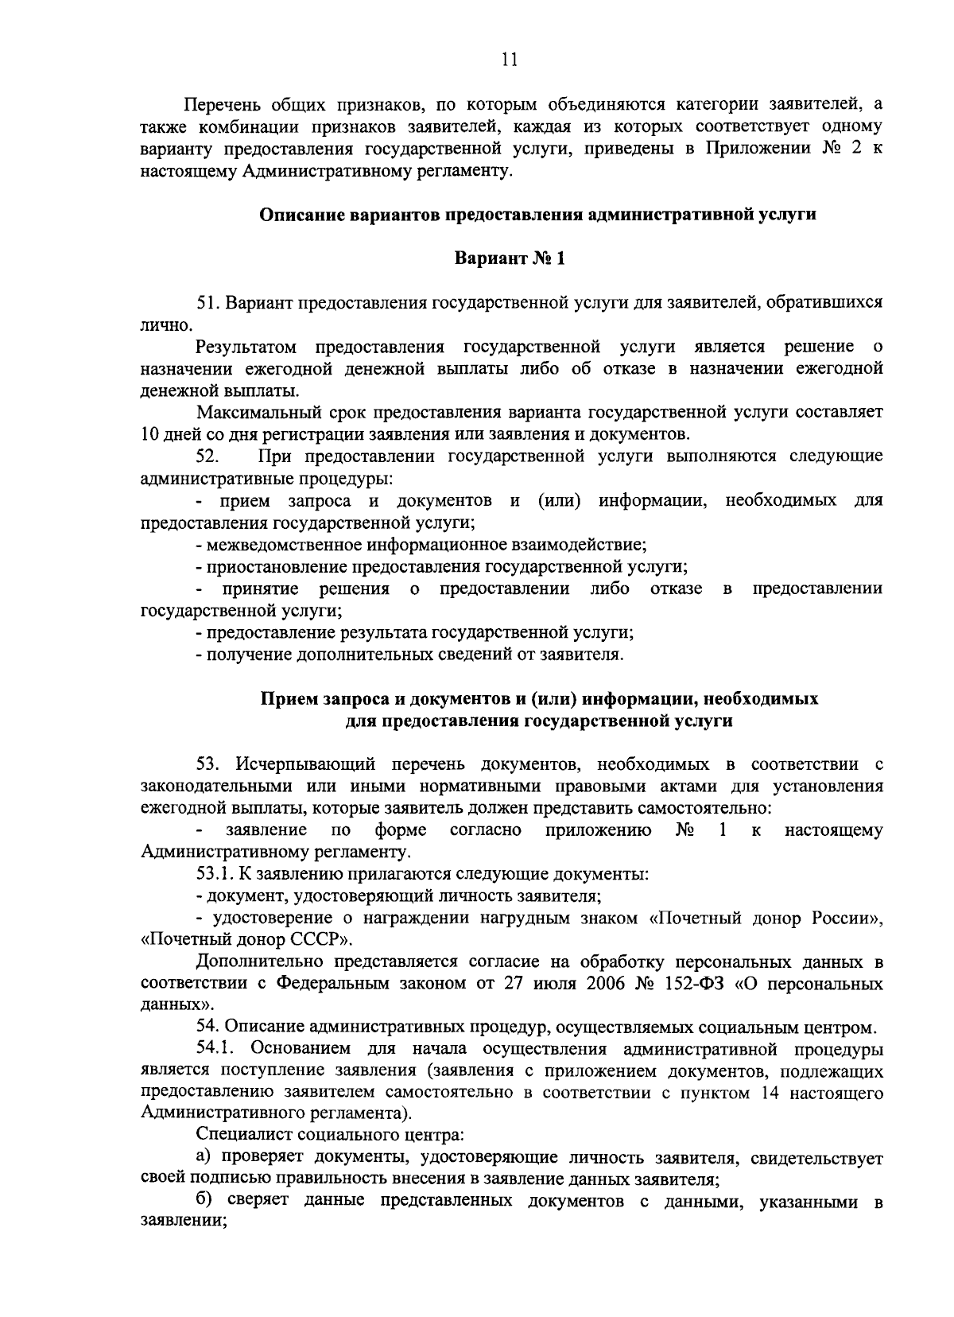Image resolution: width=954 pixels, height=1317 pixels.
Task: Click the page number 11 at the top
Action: tap(510, 59)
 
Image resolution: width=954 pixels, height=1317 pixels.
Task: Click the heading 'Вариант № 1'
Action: tap(509, 259)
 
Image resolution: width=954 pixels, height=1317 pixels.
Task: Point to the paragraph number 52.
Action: tap(208, 456)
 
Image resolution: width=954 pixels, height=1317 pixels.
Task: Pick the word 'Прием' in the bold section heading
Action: tap(288, 699)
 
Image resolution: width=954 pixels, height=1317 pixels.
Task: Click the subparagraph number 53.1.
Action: tap(215, 875)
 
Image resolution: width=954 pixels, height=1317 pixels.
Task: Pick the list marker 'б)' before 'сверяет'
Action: tap(205, 1201)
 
